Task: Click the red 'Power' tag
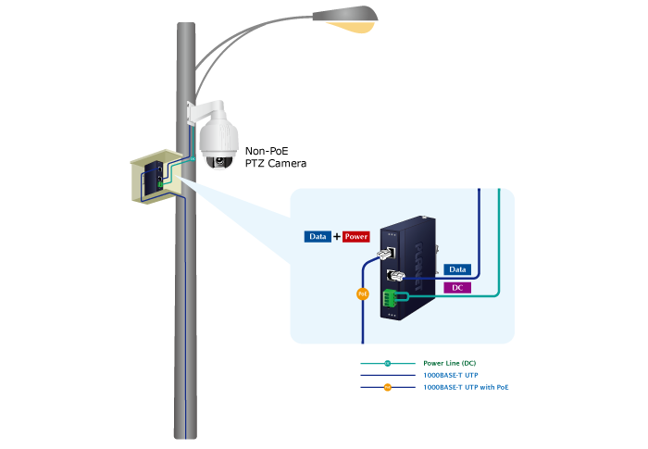point(356,237)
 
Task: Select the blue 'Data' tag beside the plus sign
point(318,237)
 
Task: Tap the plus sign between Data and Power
point(337,237)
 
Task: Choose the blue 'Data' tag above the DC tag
point(457,269)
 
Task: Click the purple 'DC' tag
point(457,288)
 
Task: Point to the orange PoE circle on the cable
point(363,295)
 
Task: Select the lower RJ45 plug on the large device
point(394,276)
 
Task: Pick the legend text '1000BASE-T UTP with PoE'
point(466,387)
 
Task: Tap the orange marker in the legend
point(388,387)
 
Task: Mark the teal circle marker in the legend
point(388,364)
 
